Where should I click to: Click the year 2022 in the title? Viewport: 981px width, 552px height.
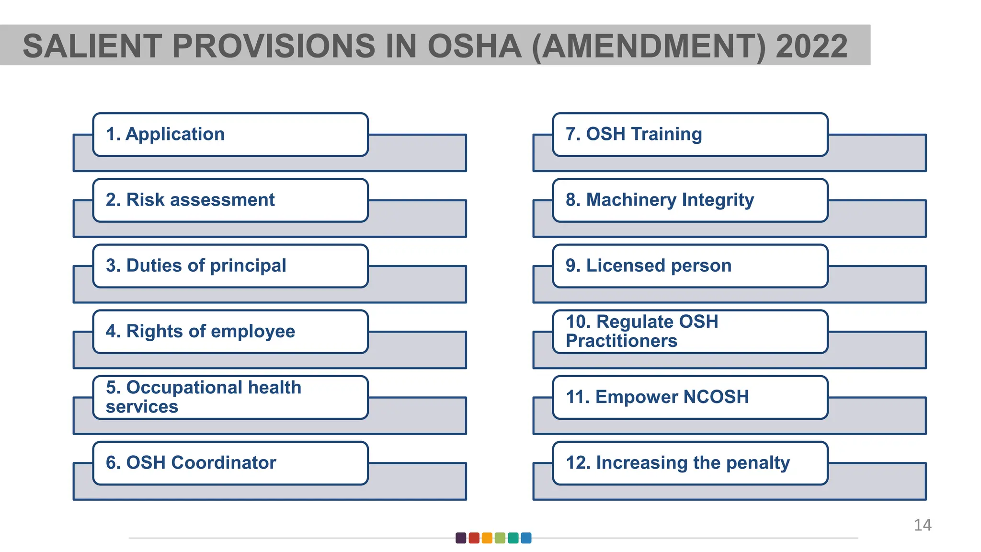811,46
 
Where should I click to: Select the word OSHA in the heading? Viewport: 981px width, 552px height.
474,46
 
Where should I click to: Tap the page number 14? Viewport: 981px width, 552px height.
922,525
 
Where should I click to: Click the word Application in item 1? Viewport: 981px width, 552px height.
175,134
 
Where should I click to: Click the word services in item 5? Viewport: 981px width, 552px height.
142,407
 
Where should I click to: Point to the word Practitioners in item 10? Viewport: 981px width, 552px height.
621,341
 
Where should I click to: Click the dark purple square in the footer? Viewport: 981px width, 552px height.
461,538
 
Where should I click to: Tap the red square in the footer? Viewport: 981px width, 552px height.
474,538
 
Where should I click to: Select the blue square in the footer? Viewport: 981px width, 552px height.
526,538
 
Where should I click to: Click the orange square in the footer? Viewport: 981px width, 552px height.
487,538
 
